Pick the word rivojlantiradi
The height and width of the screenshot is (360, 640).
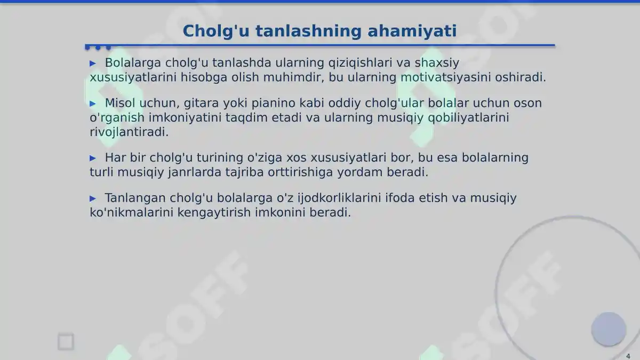point(129,132)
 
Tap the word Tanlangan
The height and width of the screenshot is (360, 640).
point(135,198)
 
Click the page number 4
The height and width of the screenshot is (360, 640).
point(628,356)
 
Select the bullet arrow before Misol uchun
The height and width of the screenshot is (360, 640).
point(93,103)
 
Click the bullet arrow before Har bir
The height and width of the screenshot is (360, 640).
point(93,158)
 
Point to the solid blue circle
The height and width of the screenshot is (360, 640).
point(609,329)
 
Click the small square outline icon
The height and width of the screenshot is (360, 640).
point(66,342)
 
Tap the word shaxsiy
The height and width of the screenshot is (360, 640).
point(437,63)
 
